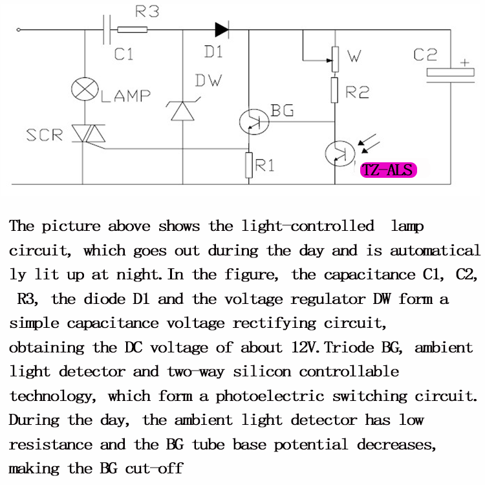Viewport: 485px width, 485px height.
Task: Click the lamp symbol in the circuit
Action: point(85,89)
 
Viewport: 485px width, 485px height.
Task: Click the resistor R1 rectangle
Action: point(248,165)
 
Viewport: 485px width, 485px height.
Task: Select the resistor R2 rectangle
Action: point(334,89)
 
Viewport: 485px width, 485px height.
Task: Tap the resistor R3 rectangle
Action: point(133,29)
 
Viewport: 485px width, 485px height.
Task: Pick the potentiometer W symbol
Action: point(334,59)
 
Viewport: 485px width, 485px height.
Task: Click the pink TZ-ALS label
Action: point(388,170)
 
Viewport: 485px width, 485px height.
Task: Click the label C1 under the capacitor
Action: point(124,54)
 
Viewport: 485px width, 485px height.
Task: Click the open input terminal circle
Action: point(18,29)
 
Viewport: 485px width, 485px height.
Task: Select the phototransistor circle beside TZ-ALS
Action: point(336,153)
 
